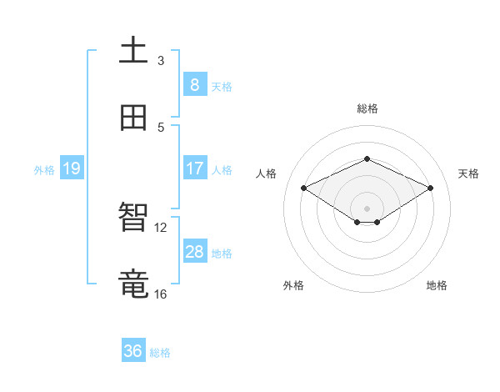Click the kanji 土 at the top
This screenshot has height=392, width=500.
coord(133,52)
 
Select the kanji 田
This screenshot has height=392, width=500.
coord(133,118)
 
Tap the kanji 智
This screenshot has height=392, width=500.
coord(133,219)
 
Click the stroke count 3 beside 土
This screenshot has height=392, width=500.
coord(161,60)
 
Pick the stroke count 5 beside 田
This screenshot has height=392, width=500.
coord(161,127)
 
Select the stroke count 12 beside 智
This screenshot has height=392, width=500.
coord(161,227)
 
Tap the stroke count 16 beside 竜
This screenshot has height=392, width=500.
coord(161,294)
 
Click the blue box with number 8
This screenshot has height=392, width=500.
coord(194,85)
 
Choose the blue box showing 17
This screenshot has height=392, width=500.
coord(194,168)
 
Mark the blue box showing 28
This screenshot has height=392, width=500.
coord(194,252)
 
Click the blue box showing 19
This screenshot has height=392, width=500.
coord(71,169)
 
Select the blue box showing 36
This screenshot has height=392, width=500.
coord(133,351)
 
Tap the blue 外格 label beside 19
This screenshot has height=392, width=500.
coord(44,170)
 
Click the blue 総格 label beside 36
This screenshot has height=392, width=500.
coord(160,353)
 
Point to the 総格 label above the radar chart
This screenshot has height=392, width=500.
coord(367,108)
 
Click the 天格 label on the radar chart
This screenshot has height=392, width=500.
coord(468,173)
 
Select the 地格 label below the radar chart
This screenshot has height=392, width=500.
coord(437,285)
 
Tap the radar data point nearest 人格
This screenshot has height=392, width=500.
coord(304,188)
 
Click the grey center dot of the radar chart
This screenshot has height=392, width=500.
coord(367,208)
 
